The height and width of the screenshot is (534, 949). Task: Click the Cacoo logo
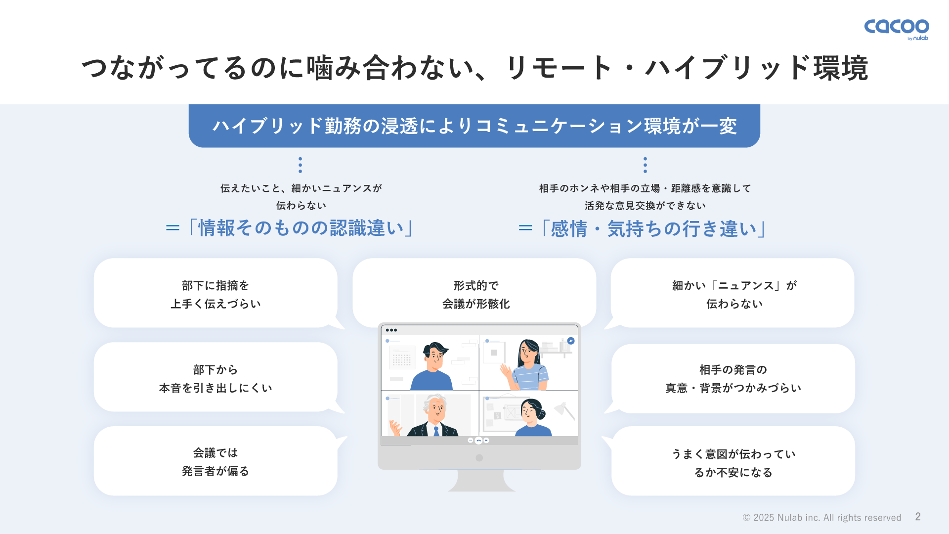896,29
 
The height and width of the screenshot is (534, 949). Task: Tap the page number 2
918,517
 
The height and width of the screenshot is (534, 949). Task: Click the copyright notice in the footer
822,518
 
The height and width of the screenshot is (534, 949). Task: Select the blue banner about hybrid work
474,126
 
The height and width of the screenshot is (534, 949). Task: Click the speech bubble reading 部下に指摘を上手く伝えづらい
216,293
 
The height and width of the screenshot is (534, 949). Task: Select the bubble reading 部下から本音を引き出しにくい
216,377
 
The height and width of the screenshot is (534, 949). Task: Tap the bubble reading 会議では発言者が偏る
216,461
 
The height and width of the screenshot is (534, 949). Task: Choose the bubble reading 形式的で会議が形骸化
474,292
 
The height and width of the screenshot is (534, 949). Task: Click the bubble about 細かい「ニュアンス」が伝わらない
733,293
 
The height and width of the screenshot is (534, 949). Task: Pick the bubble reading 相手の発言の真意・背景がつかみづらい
733,379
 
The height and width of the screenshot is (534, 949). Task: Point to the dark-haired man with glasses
432,366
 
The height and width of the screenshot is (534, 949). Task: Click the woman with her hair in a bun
533,417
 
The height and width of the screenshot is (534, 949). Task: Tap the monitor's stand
480,480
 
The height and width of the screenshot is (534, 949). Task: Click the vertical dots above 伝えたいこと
300,165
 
